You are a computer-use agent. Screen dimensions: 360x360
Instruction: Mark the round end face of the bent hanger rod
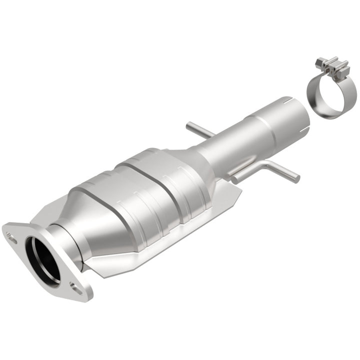pos(297,178)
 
